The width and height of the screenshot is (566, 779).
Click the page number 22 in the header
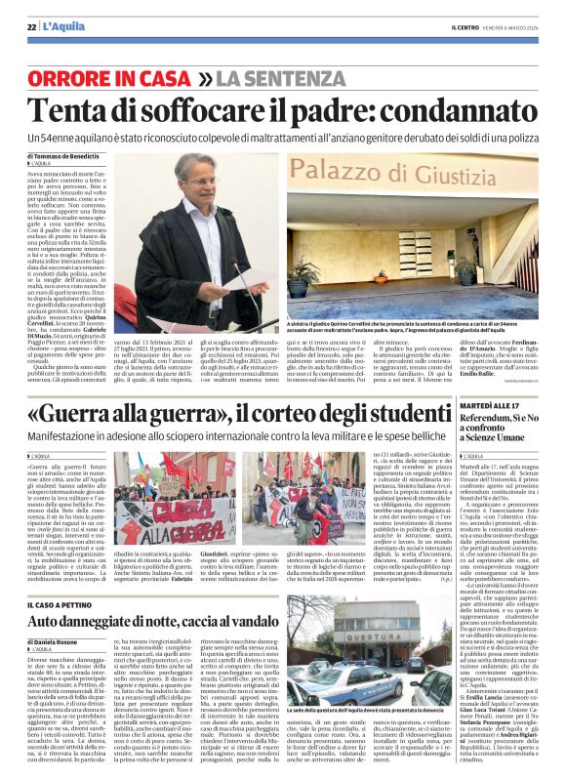(32, 25)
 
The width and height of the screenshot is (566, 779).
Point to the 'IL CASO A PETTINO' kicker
(67, 604)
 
